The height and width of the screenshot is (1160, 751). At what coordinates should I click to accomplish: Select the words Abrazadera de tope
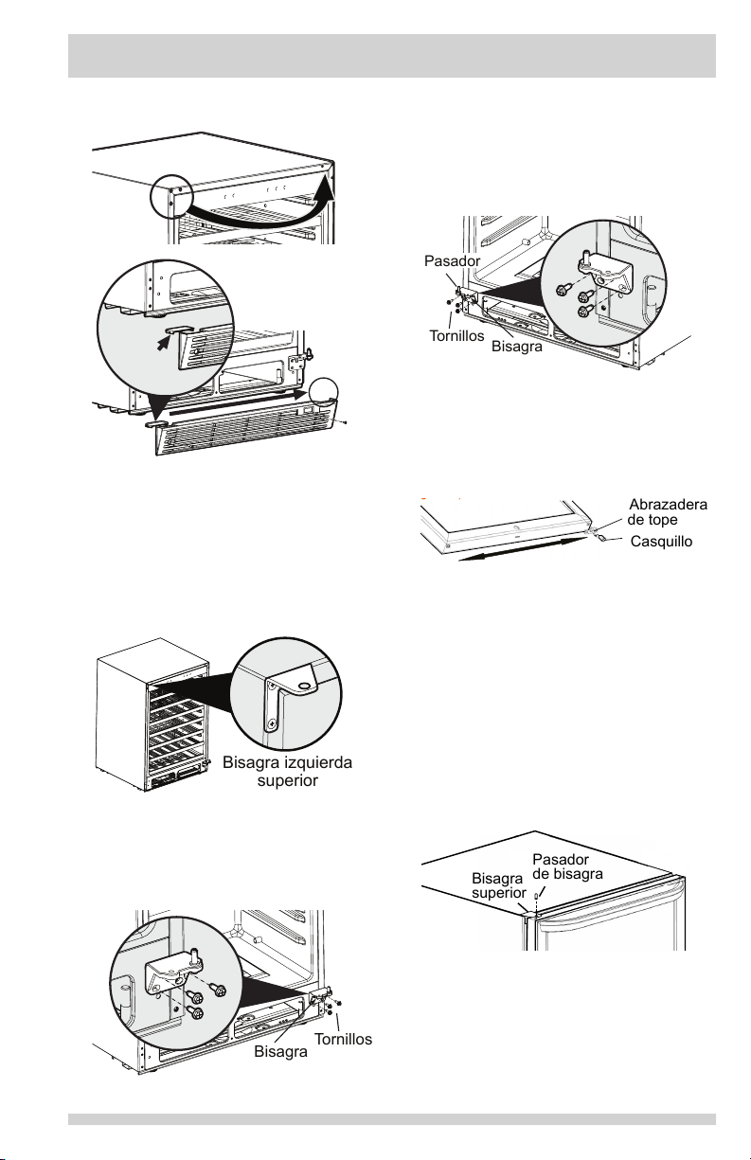click(668, 511)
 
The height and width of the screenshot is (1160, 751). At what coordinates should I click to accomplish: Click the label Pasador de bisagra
click(567, 866)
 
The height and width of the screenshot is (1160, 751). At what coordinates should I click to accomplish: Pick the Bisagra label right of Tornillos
click(518, 348)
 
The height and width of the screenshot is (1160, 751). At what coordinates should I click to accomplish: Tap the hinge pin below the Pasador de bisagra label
click(536, 895)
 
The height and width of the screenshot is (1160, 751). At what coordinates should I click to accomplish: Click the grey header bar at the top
click(391, 57)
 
